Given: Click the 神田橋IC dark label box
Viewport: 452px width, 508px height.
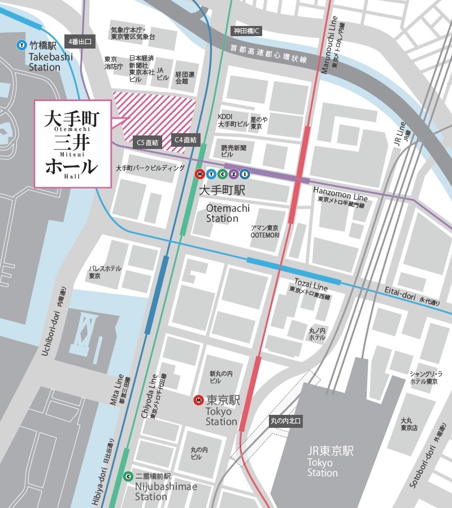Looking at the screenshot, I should (x=246, y=30).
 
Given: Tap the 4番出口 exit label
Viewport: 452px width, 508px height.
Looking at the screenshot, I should (x=80, y=41).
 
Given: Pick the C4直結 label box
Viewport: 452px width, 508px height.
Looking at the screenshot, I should (x=186, y=139).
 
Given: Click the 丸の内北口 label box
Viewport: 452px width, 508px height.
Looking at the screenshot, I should (x=286, y=421).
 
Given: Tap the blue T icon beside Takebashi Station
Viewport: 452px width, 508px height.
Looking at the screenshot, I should (x=21, y=45).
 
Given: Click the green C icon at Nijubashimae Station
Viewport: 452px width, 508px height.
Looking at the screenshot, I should (x=128, y=476).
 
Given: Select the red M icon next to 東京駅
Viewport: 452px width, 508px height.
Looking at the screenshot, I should (x=198, y=400).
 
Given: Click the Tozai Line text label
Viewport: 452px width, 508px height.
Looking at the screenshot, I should (x=311, y=283).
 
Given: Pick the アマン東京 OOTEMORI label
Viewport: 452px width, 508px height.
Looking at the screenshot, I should (x=265, y=231).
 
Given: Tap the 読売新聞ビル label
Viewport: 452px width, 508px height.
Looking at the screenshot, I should (x=234, y=150).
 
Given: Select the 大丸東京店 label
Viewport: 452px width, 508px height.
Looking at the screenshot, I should (x=409, y=424).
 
